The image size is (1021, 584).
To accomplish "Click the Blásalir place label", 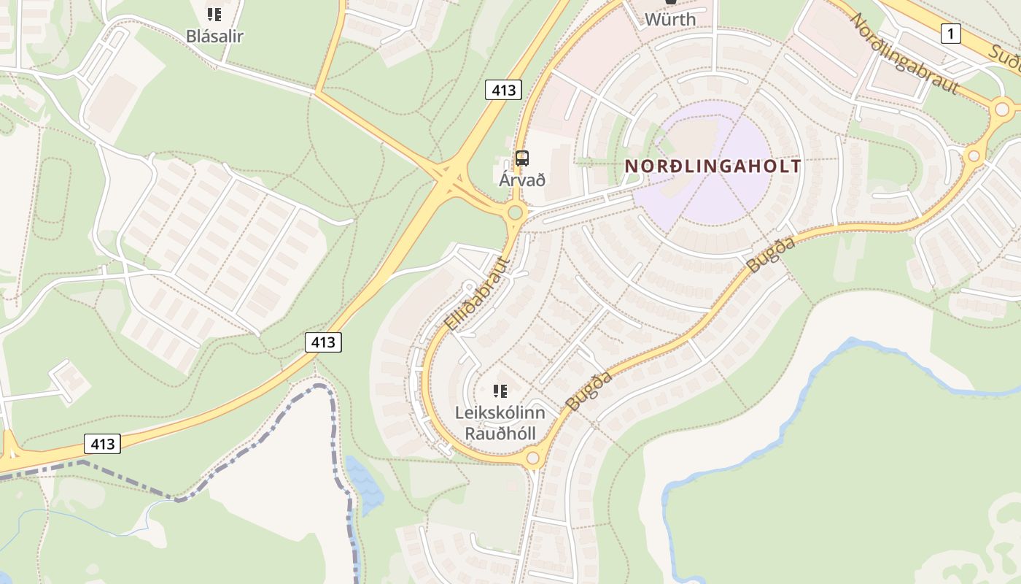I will coord(214,36).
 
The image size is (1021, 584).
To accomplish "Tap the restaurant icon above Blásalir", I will coord(214,14).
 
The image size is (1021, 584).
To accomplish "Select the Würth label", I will coord(670,19).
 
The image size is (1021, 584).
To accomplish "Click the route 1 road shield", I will coord(950,33).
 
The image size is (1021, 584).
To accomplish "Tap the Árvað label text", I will coord(522,180).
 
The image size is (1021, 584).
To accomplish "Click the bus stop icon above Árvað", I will coord(522,158).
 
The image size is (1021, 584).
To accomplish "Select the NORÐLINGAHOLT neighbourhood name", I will coord(713,166).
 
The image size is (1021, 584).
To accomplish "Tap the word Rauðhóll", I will coord(500,434).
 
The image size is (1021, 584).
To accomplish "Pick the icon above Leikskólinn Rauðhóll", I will coord(500,391).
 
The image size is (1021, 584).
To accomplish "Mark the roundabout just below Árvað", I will coord(516,213).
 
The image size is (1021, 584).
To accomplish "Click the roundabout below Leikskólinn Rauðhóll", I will coord(533,458).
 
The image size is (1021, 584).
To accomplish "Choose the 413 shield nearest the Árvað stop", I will coord(503,90).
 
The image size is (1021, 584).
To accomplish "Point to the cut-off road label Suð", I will coord(1006,54).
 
